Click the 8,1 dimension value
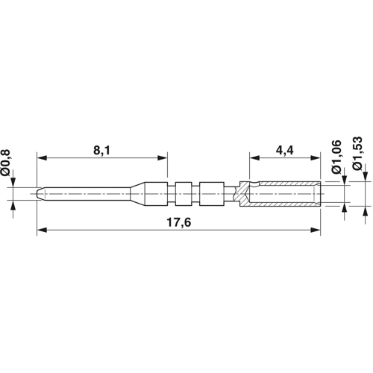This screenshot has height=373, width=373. click(x=101, y=151)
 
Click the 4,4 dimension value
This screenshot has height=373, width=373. click(x=285, y=151)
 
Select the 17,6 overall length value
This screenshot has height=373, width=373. click(x=179, y=222)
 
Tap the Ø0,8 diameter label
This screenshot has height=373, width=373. click(x=5, y=163)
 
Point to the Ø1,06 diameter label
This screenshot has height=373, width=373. click(x=336, y=157)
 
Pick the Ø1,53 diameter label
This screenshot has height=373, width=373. click(x=358, y=154)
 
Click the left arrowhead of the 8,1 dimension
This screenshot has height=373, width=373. click(x=42, y=157)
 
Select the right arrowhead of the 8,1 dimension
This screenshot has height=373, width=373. click(x=163, y=157)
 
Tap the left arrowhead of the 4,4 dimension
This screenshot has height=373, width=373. click(x=254, y=157)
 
